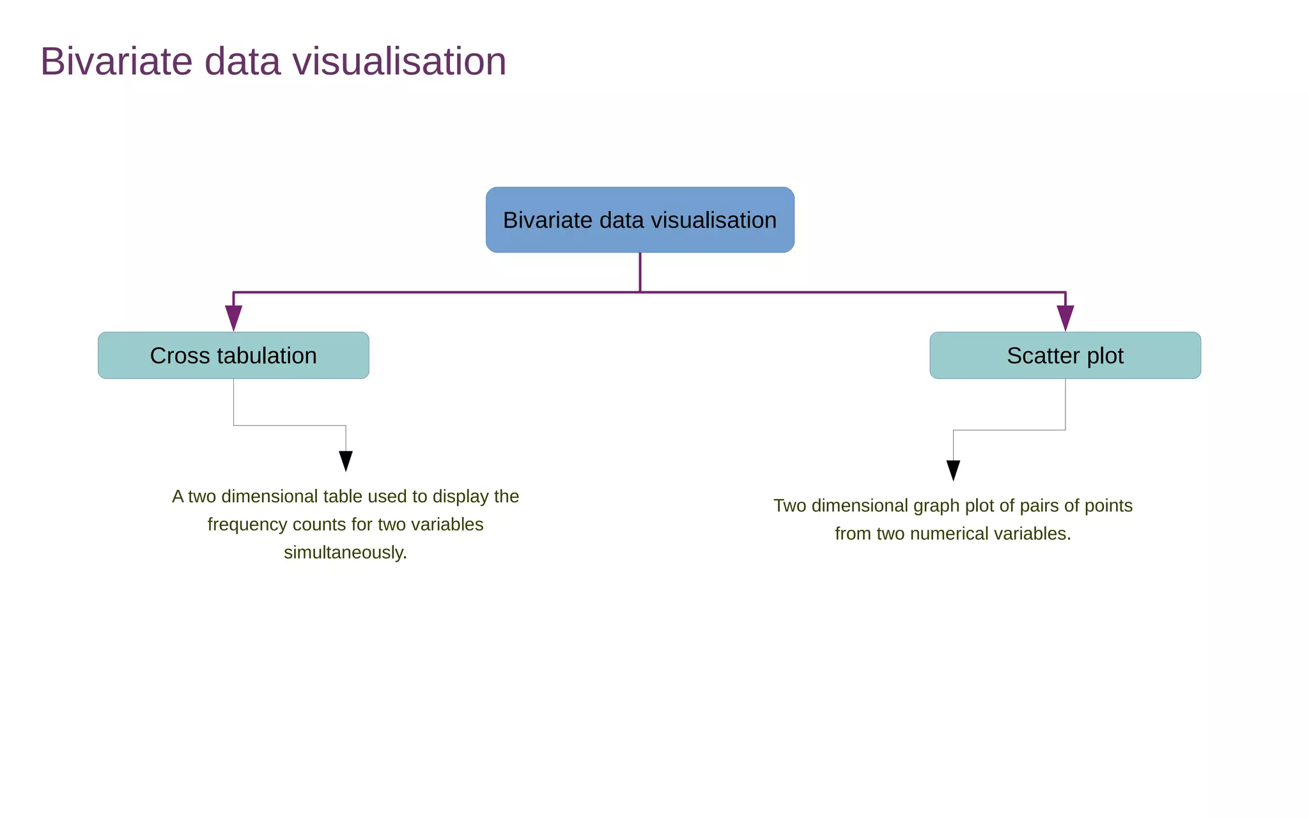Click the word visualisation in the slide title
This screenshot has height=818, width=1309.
(x=399, y=62)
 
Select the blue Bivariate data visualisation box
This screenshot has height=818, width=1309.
(x=640, y=220)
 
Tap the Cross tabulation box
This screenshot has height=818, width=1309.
(x=233, y=355)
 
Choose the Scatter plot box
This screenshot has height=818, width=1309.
(x=1065, y=355)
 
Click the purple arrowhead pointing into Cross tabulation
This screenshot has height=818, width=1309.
(x=233, y=318)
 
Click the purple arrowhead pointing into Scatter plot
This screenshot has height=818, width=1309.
(x=1065, y=318)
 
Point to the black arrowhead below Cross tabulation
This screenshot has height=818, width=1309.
(x=346, y=460)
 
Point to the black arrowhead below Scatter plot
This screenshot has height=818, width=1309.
(x=953, y=470)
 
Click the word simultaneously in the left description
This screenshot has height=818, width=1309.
(x=344, y=553)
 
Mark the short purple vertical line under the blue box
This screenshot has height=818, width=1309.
(x=640, y=272)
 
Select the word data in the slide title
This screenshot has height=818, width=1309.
(x=242, y=62)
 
